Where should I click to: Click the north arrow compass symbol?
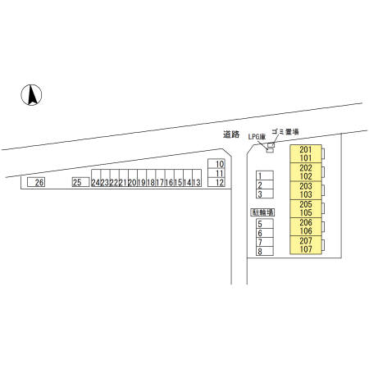click(x=30, y=95)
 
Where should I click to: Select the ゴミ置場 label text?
click(x=285, y=131)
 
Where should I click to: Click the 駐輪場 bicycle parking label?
click(x=262, y=212)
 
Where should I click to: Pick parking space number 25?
click(x=79, y=182)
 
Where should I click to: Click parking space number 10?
click(x=219, y=164)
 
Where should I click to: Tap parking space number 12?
click(x=219, y=182)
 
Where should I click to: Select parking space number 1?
click(x=260, y=176)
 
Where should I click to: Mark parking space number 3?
click(x=260, y=194)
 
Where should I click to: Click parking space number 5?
click(x=260, y=224)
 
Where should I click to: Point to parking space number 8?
click(x=260, y=251)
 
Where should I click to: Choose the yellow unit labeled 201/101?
click(x=304, y=153)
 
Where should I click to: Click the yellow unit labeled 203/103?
click(x=304, y=190)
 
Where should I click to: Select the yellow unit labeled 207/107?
click(x=304, y=245)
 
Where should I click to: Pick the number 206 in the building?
click(x=304, y=222)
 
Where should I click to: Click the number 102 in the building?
click(x=304, y=175)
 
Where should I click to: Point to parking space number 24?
click(x=96, y=182)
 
